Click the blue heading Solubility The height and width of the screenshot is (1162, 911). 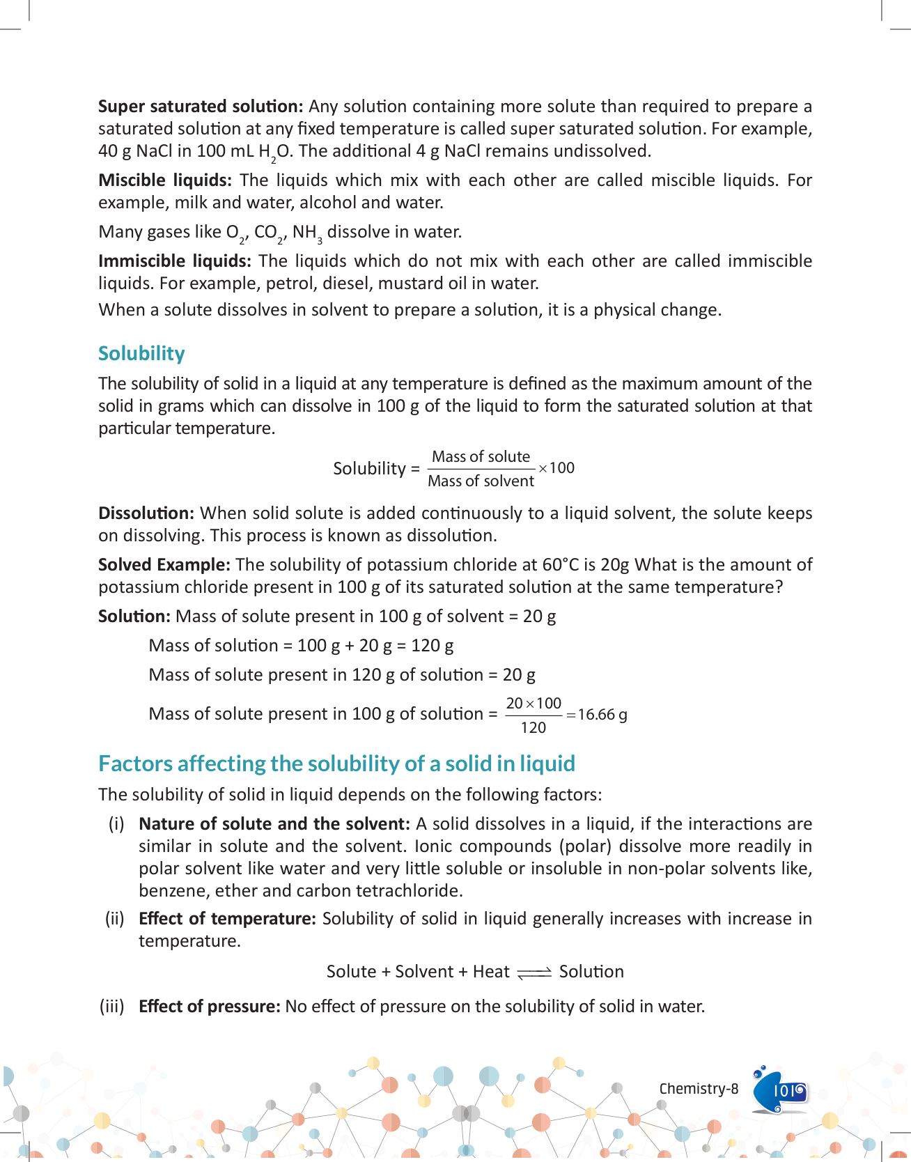click(x=141, y=353)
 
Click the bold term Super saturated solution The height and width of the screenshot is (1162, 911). click(x=201, y=107)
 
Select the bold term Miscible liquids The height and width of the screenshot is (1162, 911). click(x=165, y=180)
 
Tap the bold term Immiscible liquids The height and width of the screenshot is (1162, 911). click(x=174, y=261)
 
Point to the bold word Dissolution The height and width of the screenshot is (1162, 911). click(x=146, y=513)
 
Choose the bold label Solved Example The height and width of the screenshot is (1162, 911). click(x=164, y=565)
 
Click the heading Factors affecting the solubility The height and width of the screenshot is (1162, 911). click(x=336, y=764)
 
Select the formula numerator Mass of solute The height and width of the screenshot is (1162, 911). click(x=481, y=457)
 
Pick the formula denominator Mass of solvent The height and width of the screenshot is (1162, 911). click(x=481, y=481)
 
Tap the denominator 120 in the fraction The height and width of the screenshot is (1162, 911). click(x=534, y=728)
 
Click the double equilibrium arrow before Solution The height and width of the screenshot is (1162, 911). click(x=534, y=973)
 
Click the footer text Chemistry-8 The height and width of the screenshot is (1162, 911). click(x=699, y=1089)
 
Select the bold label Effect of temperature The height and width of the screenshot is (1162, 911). click(x=227, y=919)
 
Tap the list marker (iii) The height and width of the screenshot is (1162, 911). click(x=112, y=1007)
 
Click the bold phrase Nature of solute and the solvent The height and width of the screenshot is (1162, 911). click(x=274, y=824)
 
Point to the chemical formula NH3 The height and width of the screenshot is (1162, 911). click(x=307, y=233)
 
